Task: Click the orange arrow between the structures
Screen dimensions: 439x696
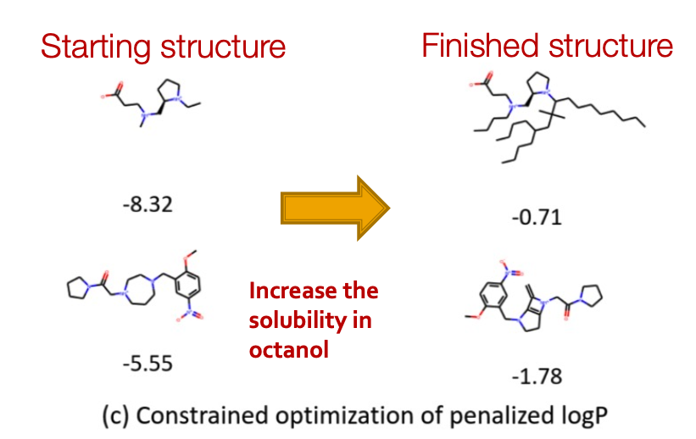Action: (334, 208)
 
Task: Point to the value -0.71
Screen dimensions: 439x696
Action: (537, 218)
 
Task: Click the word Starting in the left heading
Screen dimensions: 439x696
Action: (92, 47)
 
